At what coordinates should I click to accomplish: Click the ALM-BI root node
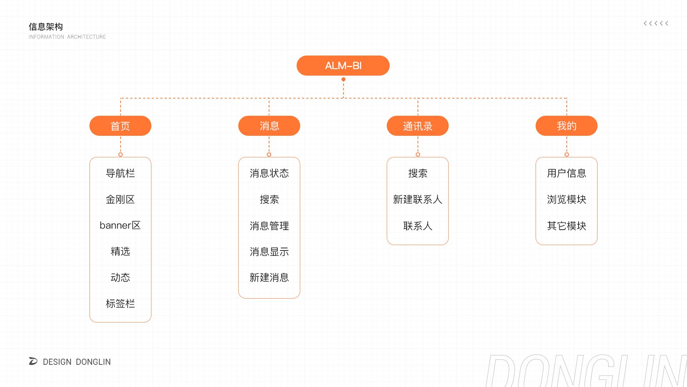[x=343, y=66]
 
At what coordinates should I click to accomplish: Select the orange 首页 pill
[x=120, y=126]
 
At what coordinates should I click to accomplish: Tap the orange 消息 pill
[x=269, y=126]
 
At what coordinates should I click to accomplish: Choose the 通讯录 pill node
[x=418, y=126]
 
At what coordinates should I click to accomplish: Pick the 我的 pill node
[x=566, y=126]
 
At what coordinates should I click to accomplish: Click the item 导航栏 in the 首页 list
[x=120, y=173]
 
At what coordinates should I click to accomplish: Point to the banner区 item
[x=120, y=225]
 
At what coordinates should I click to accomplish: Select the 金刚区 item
[x=120, y=200]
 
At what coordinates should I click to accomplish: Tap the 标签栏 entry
[x=120, y=304]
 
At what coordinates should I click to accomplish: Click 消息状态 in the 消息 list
[x=269, y=173]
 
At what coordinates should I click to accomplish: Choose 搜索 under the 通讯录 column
[x=418, y=173]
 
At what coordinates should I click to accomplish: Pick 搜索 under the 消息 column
[x=269, y=200]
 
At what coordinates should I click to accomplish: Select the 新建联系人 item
[x=418, y=200]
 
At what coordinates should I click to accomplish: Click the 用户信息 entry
[x=566, y=173]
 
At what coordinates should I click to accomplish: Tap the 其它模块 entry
[x=566, y=226]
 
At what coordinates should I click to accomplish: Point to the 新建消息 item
[x=269, y=278]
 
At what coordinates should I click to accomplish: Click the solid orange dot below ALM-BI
[x=343, y=80]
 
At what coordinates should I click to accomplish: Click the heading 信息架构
[x=46, y=27]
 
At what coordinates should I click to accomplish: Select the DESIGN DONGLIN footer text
[x=77, y=362]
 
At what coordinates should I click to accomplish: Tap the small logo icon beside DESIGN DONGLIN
[x=33, y=361]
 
